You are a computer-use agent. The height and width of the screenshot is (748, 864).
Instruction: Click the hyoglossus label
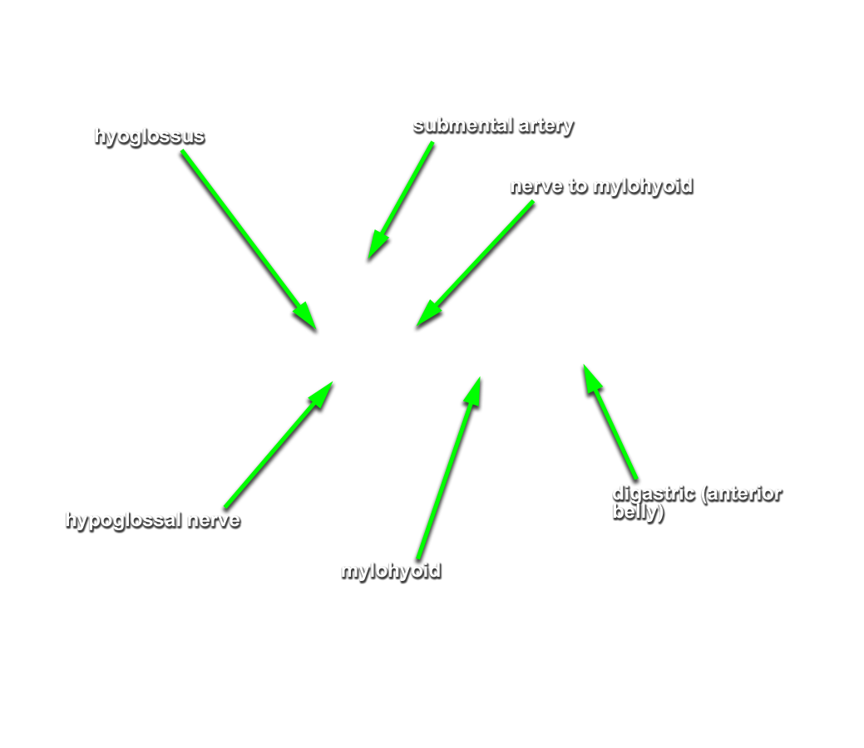tap(150, 136)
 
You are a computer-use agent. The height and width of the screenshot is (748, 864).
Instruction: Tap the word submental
tap(463, 125)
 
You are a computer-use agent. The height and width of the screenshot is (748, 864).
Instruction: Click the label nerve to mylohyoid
tap(601, 187)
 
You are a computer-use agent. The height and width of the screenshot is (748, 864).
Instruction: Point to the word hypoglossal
tap(123, 520)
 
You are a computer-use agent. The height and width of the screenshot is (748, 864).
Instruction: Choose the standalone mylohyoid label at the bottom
tap(391, 571)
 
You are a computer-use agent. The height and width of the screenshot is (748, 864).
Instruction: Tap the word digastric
tap(654, 494)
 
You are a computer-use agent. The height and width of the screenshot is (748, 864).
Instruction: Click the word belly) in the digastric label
tap(638, 513)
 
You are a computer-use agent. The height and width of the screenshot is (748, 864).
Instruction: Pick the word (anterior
tap(742, 494)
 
